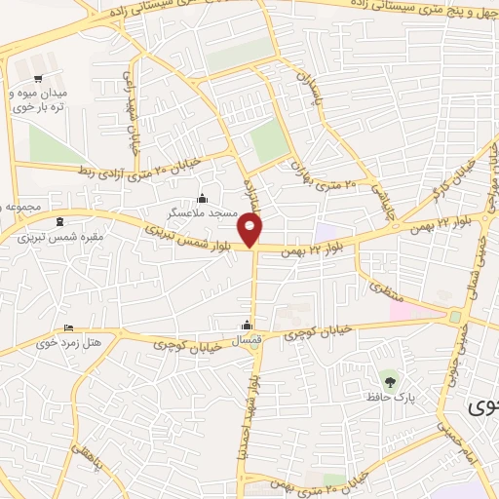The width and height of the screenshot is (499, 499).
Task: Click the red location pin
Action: click(x=251, y=230)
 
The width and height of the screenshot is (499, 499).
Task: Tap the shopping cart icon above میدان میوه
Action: click(x=37, y=79)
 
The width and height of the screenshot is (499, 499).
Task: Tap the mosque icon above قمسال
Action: click(x=249, y=325)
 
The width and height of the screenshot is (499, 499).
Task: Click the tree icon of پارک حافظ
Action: click(x=390, y=381)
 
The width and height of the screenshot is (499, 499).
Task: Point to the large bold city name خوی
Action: click(x=481, y=406)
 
